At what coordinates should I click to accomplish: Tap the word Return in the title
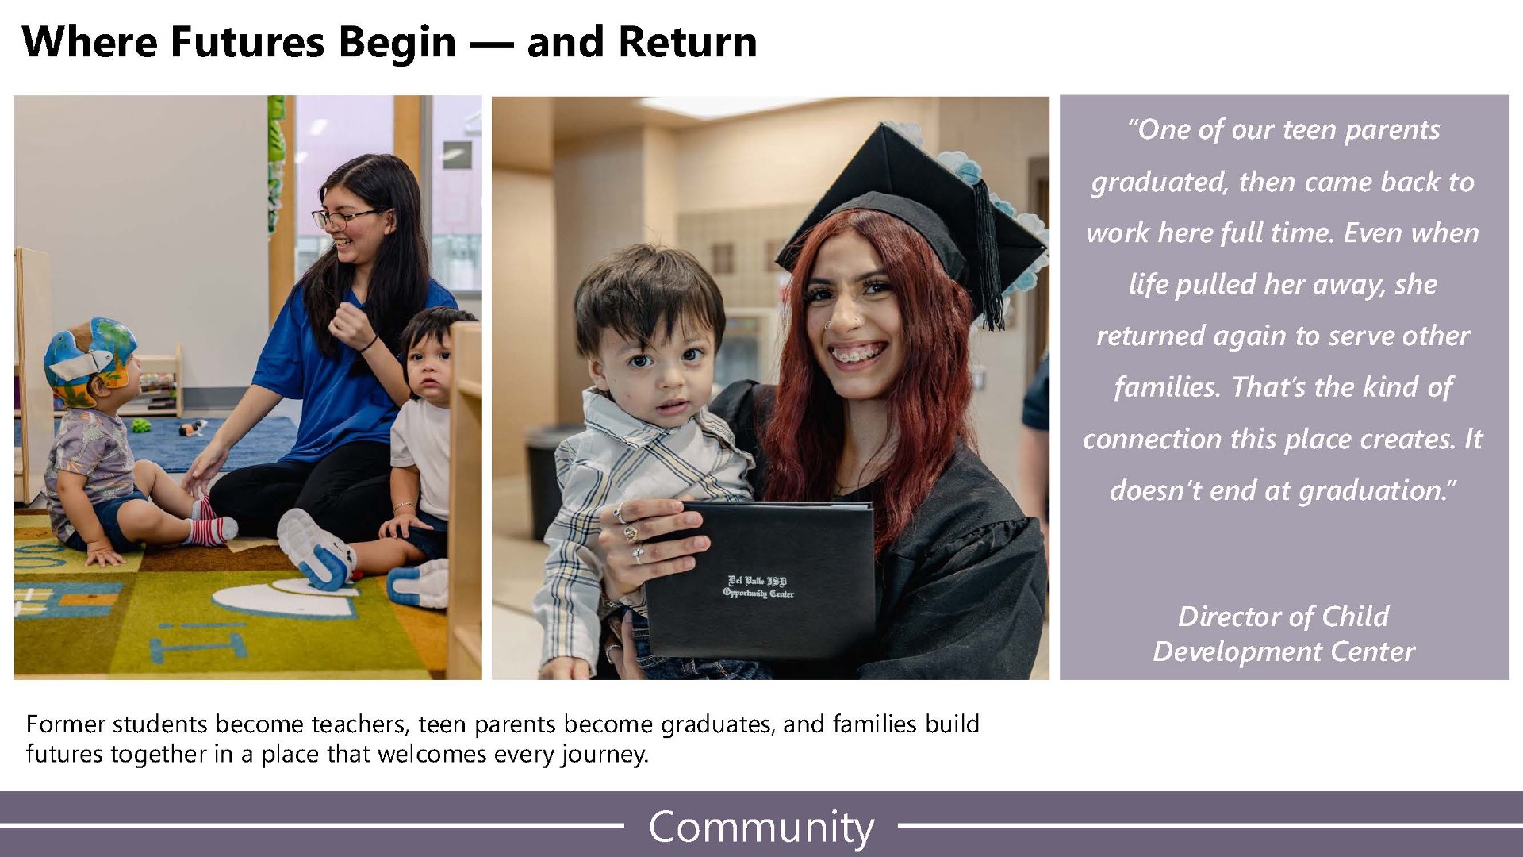coord(688,42)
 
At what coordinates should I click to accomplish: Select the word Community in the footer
coord(761,828)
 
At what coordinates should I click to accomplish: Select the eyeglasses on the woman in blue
coord(345,217)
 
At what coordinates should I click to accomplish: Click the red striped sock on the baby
coord(211,530)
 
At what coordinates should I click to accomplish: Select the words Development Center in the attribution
coord(1283,651)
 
